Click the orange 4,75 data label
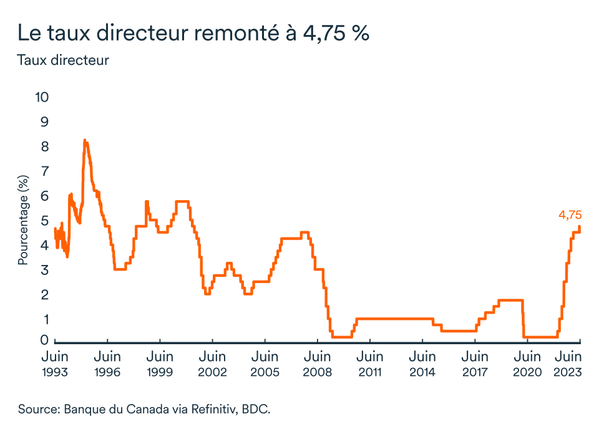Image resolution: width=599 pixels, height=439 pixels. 570,215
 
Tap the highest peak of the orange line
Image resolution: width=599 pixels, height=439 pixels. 85,140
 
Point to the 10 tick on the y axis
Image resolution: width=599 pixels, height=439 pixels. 42,97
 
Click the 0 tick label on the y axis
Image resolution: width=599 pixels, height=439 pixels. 44,340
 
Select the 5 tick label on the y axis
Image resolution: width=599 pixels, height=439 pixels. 45,221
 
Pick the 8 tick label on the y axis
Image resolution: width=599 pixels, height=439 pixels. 45,147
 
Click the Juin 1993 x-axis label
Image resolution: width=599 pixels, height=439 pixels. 55,364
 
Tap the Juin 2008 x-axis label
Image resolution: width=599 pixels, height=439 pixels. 318,364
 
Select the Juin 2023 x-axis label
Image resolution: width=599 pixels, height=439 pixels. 568,364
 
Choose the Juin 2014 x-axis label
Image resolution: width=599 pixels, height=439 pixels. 422,364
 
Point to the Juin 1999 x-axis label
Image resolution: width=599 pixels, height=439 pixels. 160,364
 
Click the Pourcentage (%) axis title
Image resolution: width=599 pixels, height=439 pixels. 23,220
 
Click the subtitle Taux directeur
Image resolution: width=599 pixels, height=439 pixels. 63,60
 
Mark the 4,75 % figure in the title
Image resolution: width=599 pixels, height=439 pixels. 336,33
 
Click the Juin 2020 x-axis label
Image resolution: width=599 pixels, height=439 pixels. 528,364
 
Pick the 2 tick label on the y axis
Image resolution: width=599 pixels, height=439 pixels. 45,295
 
